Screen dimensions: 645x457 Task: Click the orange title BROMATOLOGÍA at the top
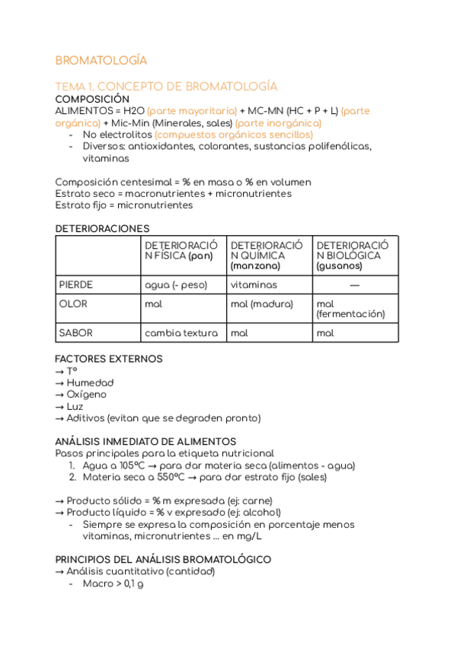101,61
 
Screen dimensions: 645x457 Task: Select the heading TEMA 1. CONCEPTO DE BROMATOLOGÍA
166,86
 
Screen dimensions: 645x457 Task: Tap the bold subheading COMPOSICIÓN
92,99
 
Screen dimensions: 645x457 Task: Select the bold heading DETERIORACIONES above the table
102,228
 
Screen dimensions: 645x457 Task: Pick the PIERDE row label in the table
76,284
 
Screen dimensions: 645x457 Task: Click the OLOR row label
73,303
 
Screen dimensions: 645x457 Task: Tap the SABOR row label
75,332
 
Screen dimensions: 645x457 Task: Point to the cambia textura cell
181,332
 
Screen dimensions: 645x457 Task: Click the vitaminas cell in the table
254,284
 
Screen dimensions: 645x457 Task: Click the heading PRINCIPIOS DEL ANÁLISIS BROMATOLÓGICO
163,559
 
